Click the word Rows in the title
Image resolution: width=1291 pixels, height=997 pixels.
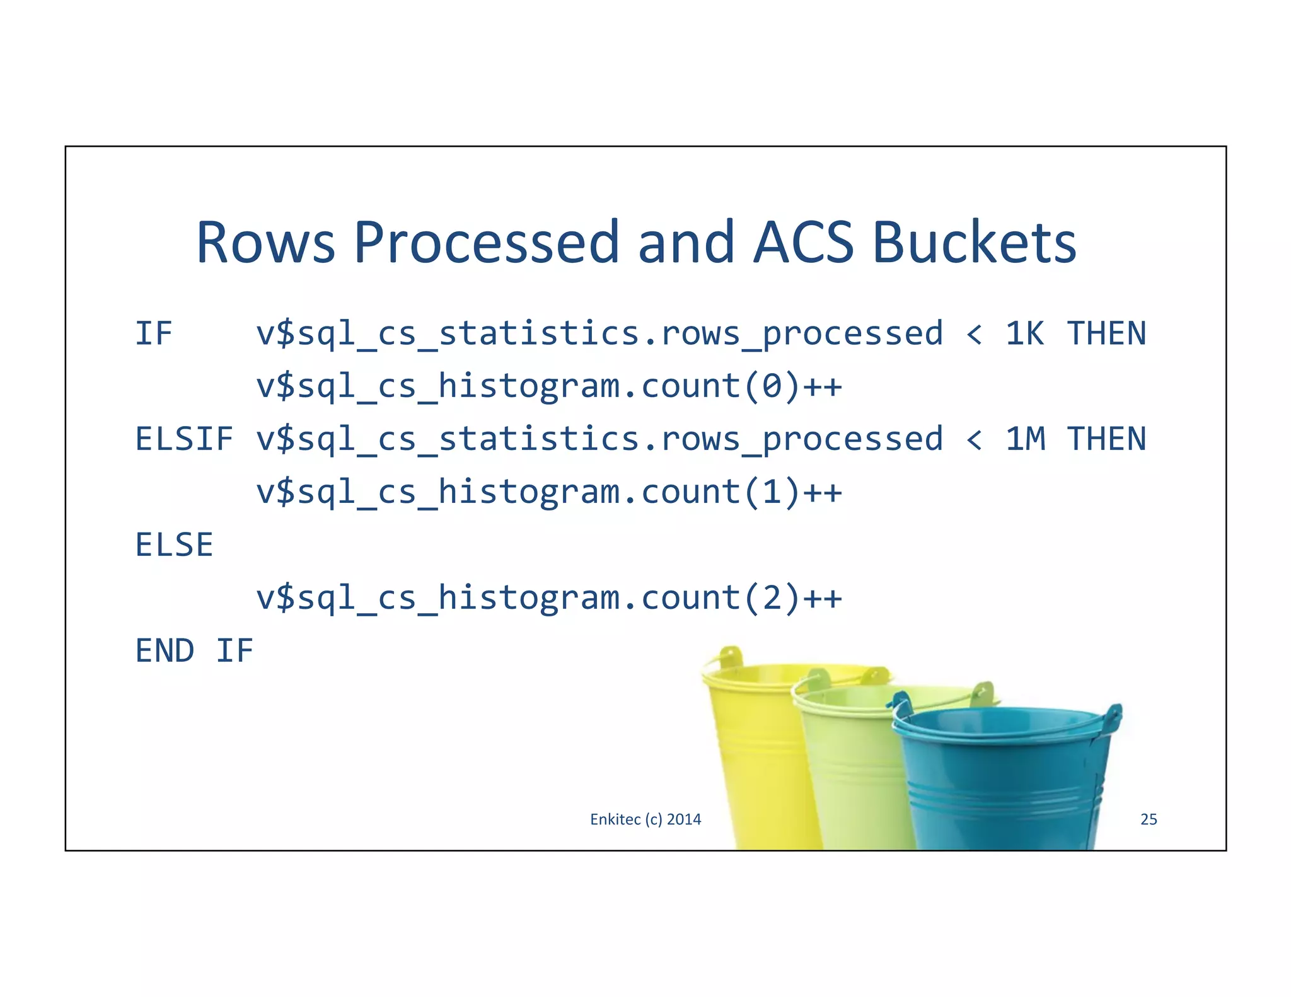[265, 243]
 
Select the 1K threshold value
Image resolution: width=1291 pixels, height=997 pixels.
[1024, 333]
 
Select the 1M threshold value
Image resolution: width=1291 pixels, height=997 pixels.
[1025, 439]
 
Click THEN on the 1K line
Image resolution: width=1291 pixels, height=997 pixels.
[1106, 333]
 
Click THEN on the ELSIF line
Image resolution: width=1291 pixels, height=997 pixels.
[1106, 439]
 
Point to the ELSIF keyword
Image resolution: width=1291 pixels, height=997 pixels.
[184, 439]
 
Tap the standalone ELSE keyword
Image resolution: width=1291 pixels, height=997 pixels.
[175, 545]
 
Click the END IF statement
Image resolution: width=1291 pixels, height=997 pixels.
[194, 650]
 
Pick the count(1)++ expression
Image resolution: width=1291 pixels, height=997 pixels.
[741, 492]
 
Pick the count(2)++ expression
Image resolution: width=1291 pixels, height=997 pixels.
[741, 597]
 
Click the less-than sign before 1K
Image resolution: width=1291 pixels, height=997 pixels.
[974, 335]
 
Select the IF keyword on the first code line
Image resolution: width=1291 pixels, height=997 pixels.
[154, 333]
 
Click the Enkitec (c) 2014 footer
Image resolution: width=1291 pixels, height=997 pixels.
[645, 819]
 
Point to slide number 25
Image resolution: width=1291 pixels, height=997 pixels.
[1149, 819]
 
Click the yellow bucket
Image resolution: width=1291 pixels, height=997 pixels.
[756, 756]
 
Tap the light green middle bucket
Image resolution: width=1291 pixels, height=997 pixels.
[851, 775]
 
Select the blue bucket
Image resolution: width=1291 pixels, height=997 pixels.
[1002, 781]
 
